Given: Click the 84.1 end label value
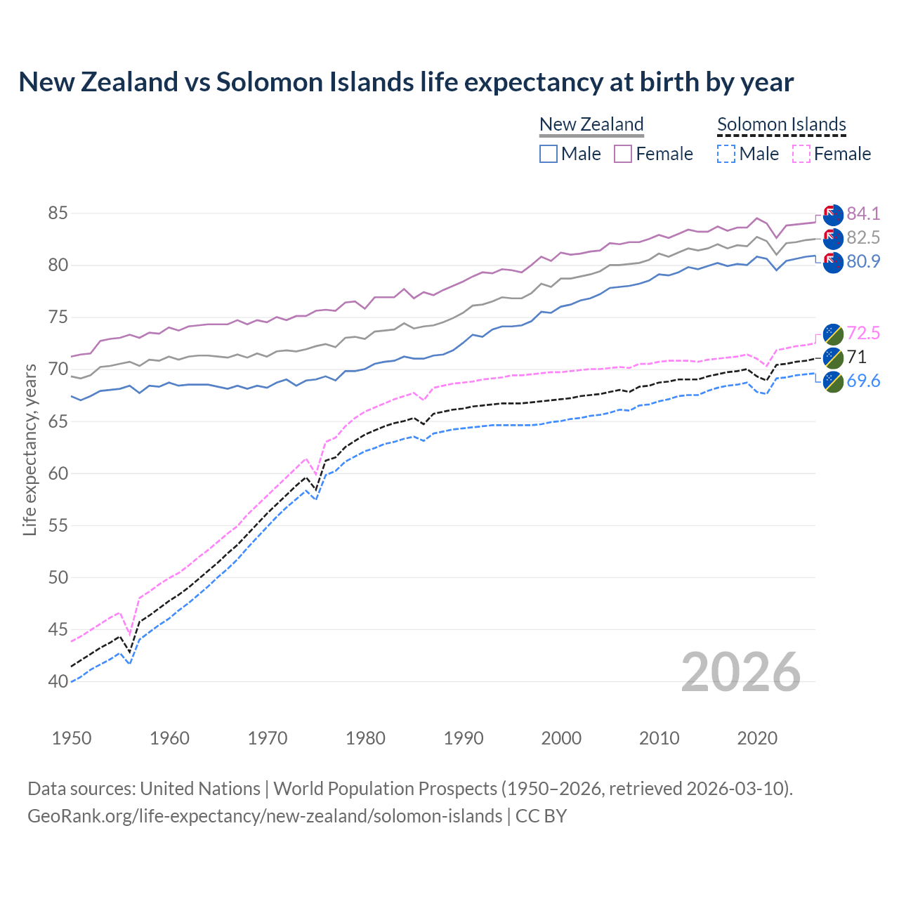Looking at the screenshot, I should click(x=863, y=214).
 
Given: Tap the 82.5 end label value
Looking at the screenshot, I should click(x=863, y=237).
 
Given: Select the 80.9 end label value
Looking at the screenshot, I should click(x=863, y=262).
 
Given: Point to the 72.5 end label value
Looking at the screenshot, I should click(x=863, y=333).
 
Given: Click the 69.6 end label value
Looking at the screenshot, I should click(x=863, y=381).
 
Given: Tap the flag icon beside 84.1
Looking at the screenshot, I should click(x=833, y=214).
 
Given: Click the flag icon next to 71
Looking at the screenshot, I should click(x=833, y=357).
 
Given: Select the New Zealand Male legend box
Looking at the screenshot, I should click(x=549, y=154).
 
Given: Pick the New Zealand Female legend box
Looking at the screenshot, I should click(x=623, y=154).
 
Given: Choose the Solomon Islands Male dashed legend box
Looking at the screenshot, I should click(x=726, y=154).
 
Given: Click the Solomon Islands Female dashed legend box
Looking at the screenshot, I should click(x=801, y=154).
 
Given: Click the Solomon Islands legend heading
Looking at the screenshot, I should click(x=781, y=125).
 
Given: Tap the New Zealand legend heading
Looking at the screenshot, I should click(x=591, y=125).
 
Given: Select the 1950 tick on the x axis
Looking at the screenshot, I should click(x=72, y=738).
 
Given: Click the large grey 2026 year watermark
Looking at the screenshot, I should click(x=741, y=672).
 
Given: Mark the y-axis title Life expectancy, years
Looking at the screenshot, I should click(x=29, y=449).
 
